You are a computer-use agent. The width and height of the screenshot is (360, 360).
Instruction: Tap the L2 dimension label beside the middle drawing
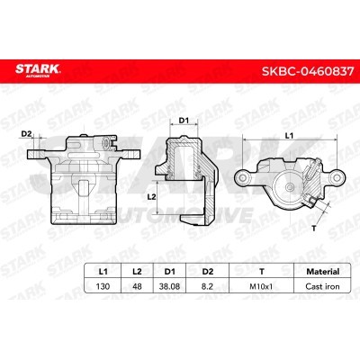(x=152, y=195)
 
